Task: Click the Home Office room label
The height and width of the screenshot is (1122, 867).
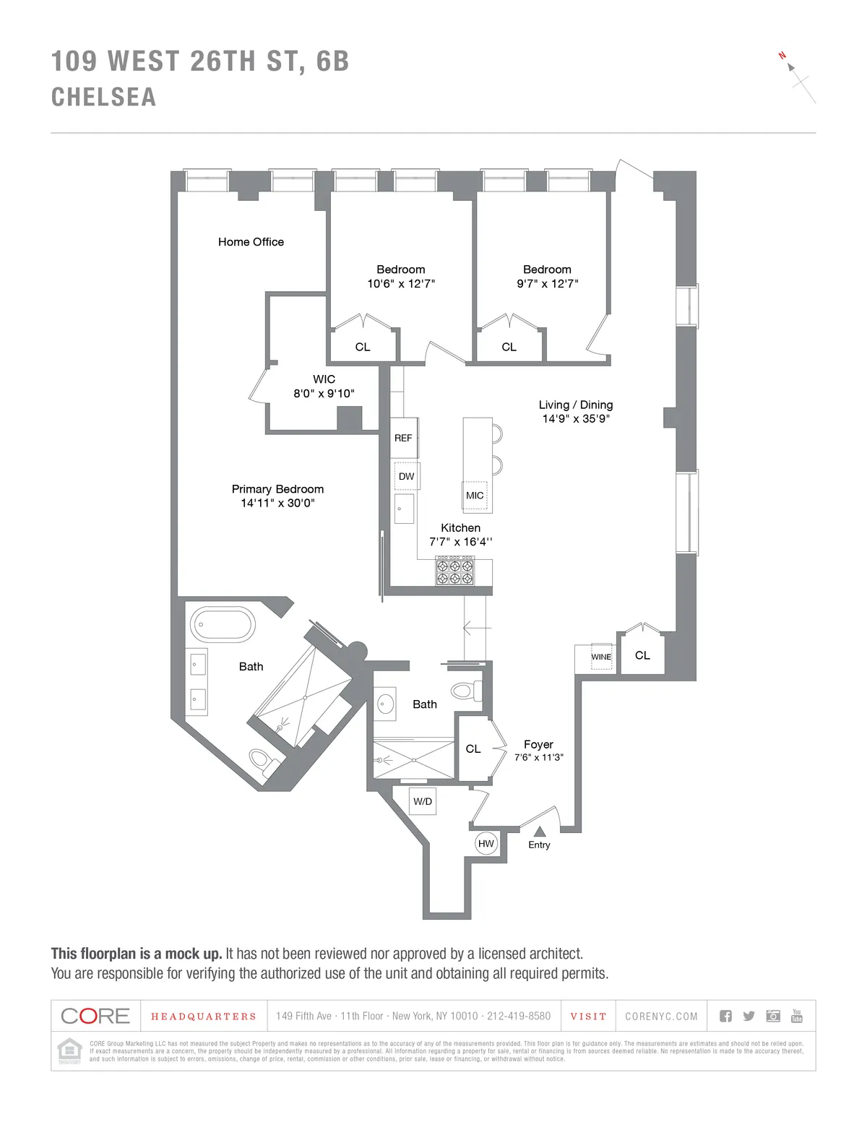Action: (x=251, y=242)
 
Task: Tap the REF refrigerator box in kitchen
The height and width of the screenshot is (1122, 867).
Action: (x=403, y=438)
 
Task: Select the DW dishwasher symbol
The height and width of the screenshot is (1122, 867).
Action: (x=406, y=476)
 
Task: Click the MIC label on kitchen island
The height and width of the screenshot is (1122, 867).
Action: (x=475, y=496)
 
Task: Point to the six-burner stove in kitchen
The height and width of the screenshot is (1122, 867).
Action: (x=455, y=571)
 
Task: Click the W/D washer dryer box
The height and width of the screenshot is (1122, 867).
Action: (x=423, y=801)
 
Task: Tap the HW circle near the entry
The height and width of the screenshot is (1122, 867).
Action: (x=486, y=843)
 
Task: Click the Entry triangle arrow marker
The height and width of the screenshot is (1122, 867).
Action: (x=539, y=832)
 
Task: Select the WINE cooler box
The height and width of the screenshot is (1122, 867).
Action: (x=601, y=656)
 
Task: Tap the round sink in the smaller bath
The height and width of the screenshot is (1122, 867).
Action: (x=385, y=702)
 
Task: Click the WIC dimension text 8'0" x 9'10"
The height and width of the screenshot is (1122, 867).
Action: (x=324, y=394)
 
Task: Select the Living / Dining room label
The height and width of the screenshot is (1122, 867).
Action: (x=576, y=405)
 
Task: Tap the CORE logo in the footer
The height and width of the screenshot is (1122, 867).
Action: (x=95, y=1016)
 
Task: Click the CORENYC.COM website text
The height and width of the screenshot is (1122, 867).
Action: (x=661, y=1017)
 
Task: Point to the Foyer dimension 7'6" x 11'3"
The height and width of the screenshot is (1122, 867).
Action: (x=539, y=758)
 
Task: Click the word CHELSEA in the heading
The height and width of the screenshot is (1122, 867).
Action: (x=104, y=98)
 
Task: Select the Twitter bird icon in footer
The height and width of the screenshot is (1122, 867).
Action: (x=749, y=1016)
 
